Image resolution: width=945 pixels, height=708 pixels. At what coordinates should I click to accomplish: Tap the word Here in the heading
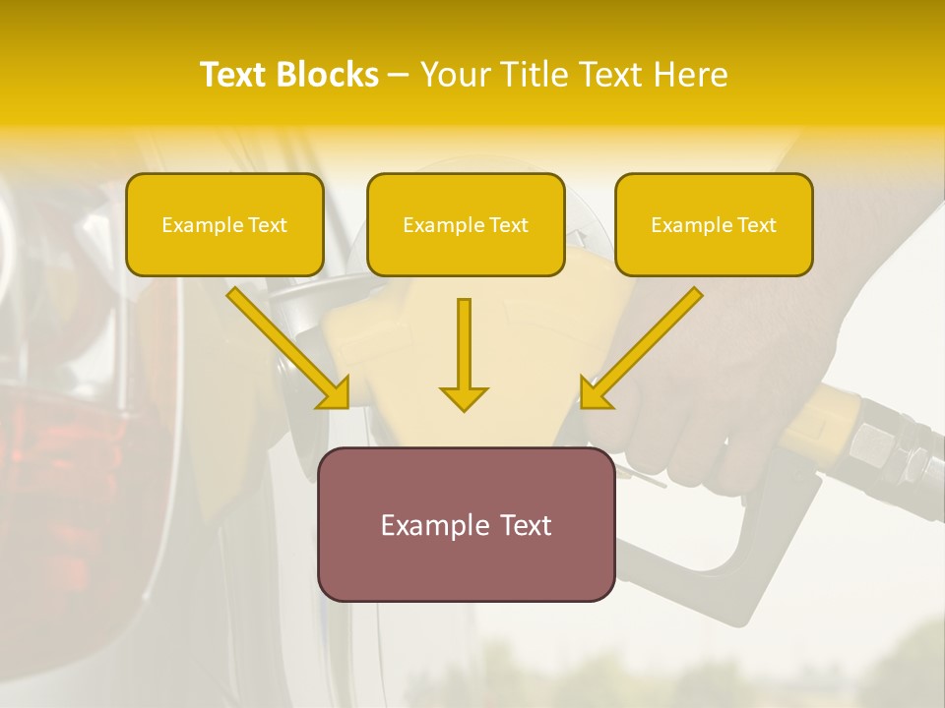(690, 75)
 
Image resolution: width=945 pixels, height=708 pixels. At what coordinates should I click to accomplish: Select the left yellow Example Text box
(224, 224)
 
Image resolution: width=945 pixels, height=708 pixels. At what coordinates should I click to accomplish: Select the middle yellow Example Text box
(466, 224)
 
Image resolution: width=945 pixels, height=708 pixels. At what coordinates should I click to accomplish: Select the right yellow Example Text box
(714, 224)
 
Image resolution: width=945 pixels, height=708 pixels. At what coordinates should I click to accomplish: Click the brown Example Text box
(466, 524)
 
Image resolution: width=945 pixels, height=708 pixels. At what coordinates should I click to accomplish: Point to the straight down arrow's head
(464, 397)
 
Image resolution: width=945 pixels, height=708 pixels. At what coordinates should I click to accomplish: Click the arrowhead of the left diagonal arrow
(336, 394)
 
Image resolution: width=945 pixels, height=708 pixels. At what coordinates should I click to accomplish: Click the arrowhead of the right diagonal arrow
(594, 394)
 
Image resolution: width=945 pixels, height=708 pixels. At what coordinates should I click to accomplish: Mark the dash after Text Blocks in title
(399, 75)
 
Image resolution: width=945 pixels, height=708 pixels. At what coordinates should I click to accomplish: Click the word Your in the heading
(455, 75)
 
